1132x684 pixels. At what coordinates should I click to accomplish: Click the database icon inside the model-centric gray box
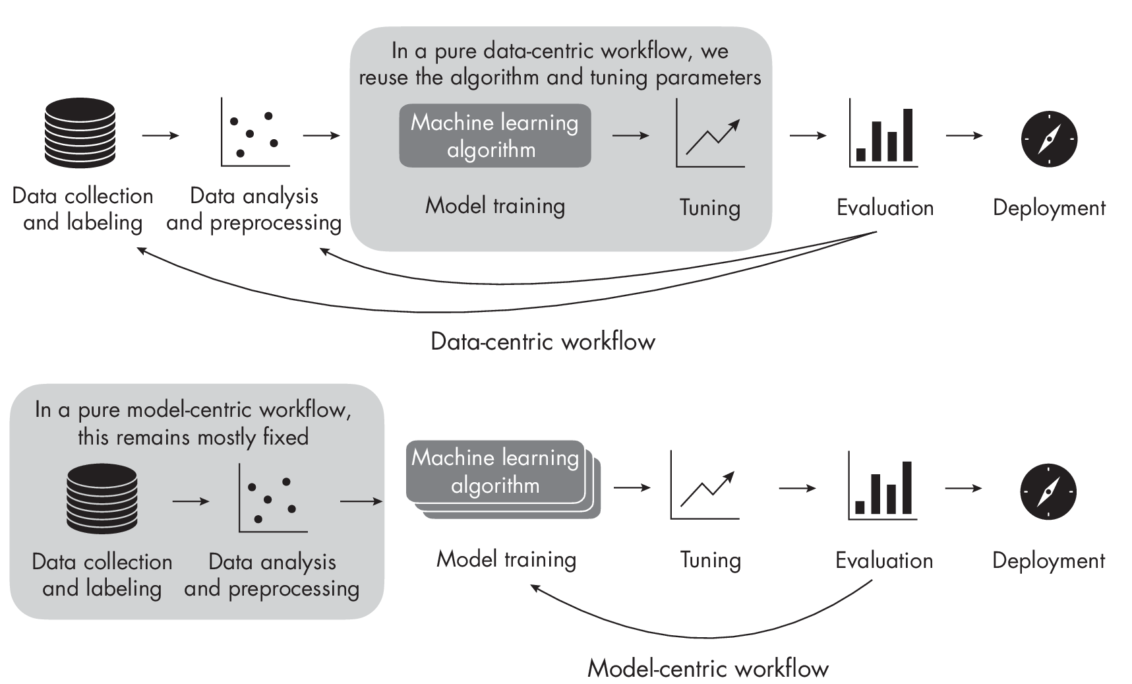click(102, 498)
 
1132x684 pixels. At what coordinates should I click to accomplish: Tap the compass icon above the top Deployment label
click(1049, 139)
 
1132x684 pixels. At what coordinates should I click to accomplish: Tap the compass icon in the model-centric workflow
click(1048, 491)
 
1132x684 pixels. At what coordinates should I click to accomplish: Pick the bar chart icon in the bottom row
click(883, 486)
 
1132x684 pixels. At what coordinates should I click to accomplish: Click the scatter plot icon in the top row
click(254, 133)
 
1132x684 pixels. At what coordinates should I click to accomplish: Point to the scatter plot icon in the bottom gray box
click(272, 498)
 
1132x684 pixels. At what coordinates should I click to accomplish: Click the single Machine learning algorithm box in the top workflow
click(494, 136)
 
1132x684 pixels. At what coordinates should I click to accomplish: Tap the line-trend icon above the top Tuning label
click(710, 134)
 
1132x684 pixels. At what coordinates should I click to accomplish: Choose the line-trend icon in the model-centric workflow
click(705, 487)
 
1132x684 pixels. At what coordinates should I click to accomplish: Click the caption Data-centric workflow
click(543, 342)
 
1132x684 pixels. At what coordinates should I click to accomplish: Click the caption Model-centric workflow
click(707, 668)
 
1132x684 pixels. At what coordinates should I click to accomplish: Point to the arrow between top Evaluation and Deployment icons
click(964, 135)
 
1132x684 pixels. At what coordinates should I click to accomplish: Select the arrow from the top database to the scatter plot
click(160, 135)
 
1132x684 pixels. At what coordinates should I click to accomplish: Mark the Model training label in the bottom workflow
click(506, 559)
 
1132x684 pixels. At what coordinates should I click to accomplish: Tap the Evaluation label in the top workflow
click(885, 208)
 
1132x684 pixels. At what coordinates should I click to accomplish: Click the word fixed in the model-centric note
click(285, 437)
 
